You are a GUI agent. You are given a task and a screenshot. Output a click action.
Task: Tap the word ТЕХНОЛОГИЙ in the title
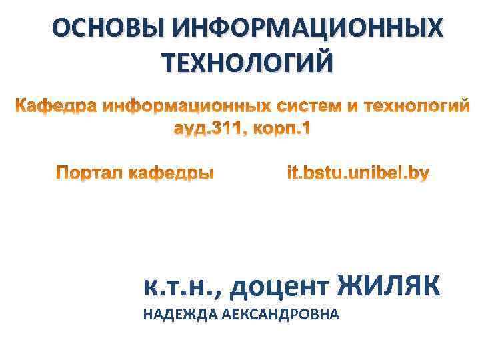[x=247, y=63]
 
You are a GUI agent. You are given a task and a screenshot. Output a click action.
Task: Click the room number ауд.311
[x=207, y=129]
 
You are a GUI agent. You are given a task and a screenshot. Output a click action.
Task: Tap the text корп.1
[x=284, y=130]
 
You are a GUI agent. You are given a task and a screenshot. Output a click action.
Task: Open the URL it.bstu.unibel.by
[x=358, y=174]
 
